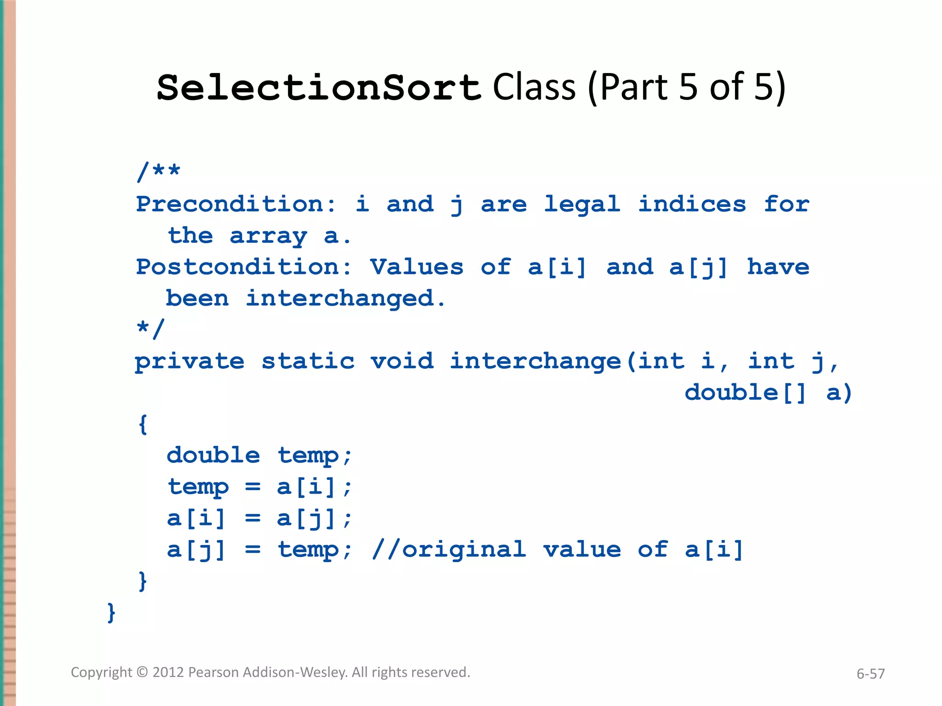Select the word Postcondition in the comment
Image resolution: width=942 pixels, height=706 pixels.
pyautogui.click(x=244, y=267)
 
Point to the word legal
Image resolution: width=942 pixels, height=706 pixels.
pyautogui.click(x=582, y=204)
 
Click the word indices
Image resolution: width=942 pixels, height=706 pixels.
pyautogui.click(x=692, y=204)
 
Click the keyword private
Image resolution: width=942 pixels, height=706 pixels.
pyautogui.click(x=189, y=361)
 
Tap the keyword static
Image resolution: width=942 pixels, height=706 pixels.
pyautogui.click(x=308, y=361)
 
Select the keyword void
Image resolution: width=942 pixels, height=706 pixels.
pyautogui.click(x=402, y=361)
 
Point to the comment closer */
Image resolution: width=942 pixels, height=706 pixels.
pyautogui.click(x=150, y=329)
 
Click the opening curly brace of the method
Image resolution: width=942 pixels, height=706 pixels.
pyautogui.click(x=143, y=424)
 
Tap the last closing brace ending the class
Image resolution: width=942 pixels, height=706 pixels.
pyautogui.click(x=111, y=612)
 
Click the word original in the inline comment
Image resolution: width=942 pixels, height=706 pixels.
pyautogui.click(x=464, y=550)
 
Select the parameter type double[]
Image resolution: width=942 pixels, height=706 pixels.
pyautogui.click(x=746, y=393)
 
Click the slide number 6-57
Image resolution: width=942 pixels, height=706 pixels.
pyautogui.click(x=870, y=674)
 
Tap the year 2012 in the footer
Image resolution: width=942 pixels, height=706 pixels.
pyautogui.click(x=168, y=672)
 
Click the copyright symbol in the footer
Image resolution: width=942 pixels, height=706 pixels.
pyautogui.click(x=143, y=672)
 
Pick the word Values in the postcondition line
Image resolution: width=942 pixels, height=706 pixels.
pyautogui.click(x=417, y=267)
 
